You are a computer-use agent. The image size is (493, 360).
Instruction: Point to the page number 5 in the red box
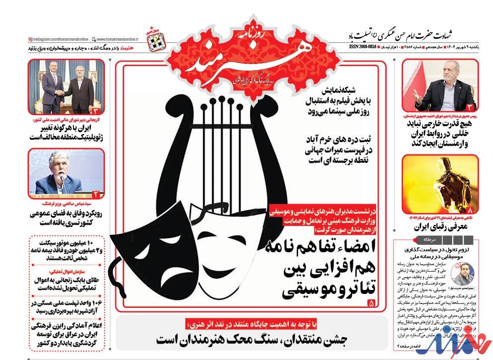pos(371,302)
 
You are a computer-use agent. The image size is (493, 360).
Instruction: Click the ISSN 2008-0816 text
pos(361,48)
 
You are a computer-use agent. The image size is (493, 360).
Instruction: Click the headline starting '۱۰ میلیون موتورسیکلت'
pos(67,250)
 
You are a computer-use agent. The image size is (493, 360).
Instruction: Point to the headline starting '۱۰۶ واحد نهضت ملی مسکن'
pos(67,307)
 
